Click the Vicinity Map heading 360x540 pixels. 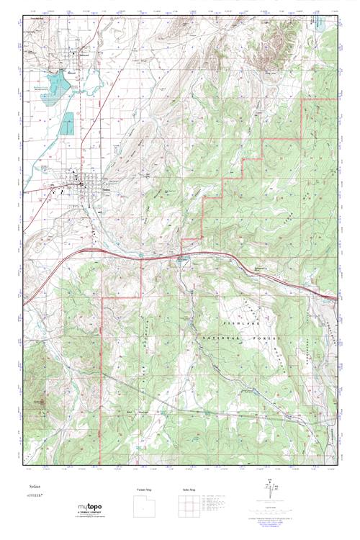pos(145,490)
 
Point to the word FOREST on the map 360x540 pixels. pos(266,336)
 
